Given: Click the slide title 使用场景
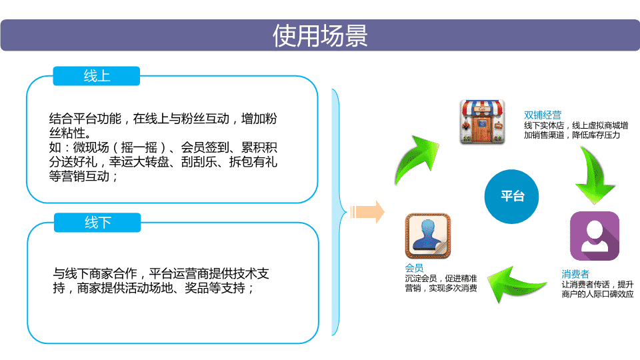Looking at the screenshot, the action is point(320,35).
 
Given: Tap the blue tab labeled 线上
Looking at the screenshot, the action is point(96,76).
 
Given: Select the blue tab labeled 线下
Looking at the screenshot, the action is point(97,223).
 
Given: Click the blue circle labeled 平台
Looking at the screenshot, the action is point(511,196).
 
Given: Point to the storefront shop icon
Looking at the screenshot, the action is point(482,121).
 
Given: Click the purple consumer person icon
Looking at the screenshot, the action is point(594,235).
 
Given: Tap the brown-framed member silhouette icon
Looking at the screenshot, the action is point(428,236).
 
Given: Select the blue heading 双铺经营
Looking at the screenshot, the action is point(543,115).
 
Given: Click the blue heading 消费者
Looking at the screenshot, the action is point(575,274).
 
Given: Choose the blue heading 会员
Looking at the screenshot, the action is point(414,268).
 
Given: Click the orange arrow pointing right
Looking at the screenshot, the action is point(367,212).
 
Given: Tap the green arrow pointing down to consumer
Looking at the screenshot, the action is point(594,175).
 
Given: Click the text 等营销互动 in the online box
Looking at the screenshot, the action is point(79,176).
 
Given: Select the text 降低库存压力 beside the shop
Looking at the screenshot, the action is point(596,135).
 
